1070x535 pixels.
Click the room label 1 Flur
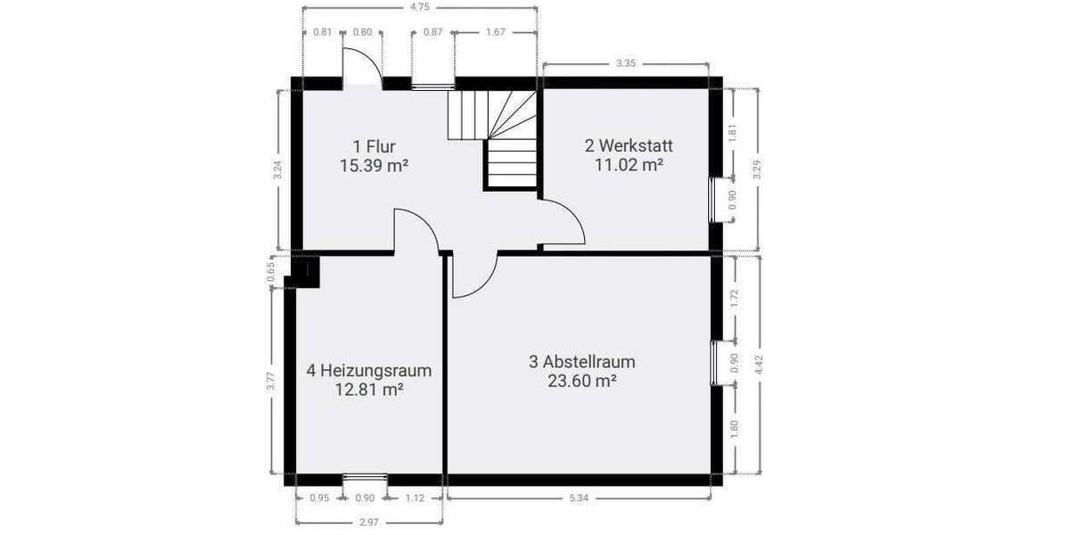[374, 146]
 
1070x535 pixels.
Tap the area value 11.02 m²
[629, 164]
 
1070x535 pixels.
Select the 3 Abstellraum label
[581, 362]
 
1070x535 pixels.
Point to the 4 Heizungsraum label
[369, 370]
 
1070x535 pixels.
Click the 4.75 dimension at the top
[420, 7]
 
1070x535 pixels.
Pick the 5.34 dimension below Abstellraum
[580, 498]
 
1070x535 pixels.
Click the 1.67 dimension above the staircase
[496, 33]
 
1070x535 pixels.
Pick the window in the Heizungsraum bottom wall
[365, 478]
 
